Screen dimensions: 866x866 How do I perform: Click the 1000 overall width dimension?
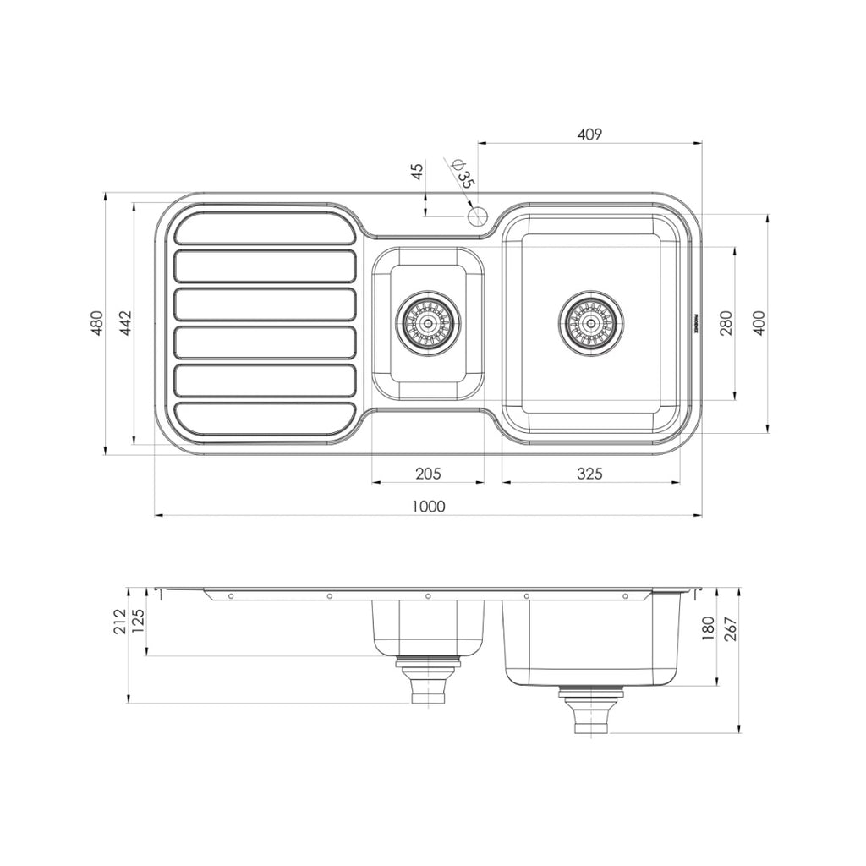coord(428,506)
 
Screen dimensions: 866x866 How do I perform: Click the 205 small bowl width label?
coord(428,474)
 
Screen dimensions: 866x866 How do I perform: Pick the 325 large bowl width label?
coord(589,474)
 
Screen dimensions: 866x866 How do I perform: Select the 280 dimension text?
coord(726,323)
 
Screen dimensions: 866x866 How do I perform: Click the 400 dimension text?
coord(759,323)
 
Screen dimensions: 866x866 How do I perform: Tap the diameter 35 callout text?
coord(463,173)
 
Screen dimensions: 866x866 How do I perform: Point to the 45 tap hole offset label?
coord(416,172)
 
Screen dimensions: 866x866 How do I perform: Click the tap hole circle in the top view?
coord(478,215)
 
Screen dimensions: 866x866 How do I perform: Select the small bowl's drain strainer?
coord(429,322)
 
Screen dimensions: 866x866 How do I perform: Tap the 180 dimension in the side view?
coord(708,628)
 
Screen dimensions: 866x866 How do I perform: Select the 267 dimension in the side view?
coord(731,628)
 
